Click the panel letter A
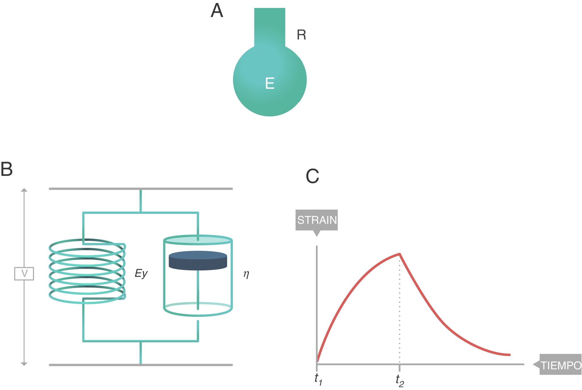tap(217, 11)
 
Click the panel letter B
tap(7, 169)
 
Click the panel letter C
tap(312, 176)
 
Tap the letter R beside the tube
tap(301, 35)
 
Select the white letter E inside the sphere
tap(270, 83)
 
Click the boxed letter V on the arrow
tap(24, 274)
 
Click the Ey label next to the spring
tap(141, 274)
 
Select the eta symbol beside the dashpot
tap(246, 274)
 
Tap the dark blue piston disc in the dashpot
tap(198, 261)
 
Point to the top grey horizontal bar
tap(141, 189)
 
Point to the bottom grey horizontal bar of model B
tap(141, 365)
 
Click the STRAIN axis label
tap(317, 220)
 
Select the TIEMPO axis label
tap(560, 365)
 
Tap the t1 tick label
tap(318, 379)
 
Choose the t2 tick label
tap(400, 381)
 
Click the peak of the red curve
tap(399, 254)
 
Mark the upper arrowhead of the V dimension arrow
tap(24, 190)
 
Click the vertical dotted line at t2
tap(399, 309)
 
